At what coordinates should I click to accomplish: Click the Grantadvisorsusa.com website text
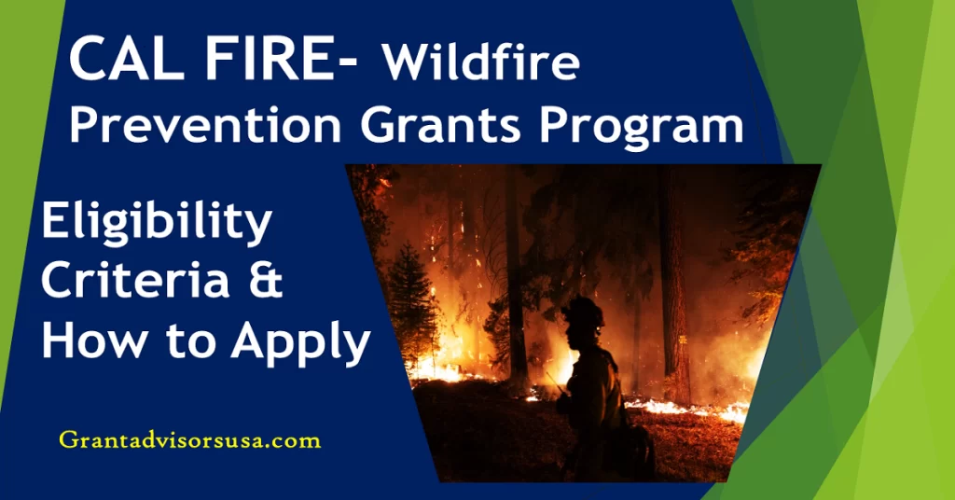click(x=189, y=440)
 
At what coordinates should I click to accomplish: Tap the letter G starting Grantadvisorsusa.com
click(x=66, y=440)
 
